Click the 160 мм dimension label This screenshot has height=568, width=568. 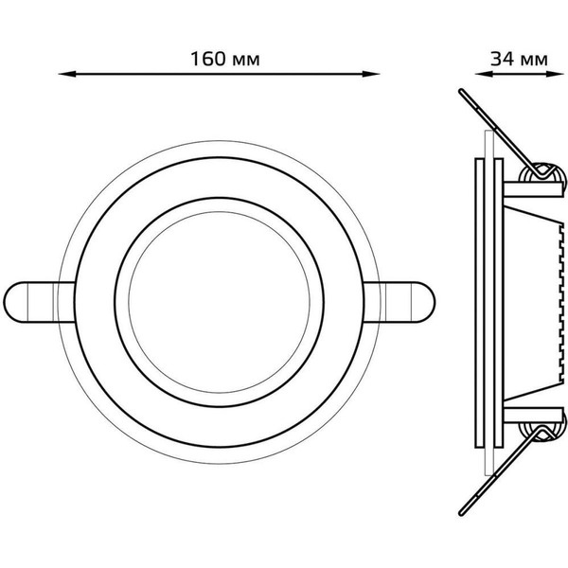[224, 58]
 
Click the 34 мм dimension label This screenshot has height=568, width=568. [519, 58]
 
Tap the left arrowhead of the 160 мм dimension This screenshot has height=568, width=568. [64, 73]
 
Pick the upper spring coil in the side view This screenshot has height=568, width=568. [542, 172]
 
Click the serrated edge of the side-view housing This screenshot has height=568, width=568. [553, 303]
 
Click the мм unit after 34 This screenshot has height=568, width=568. [534, 59]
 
